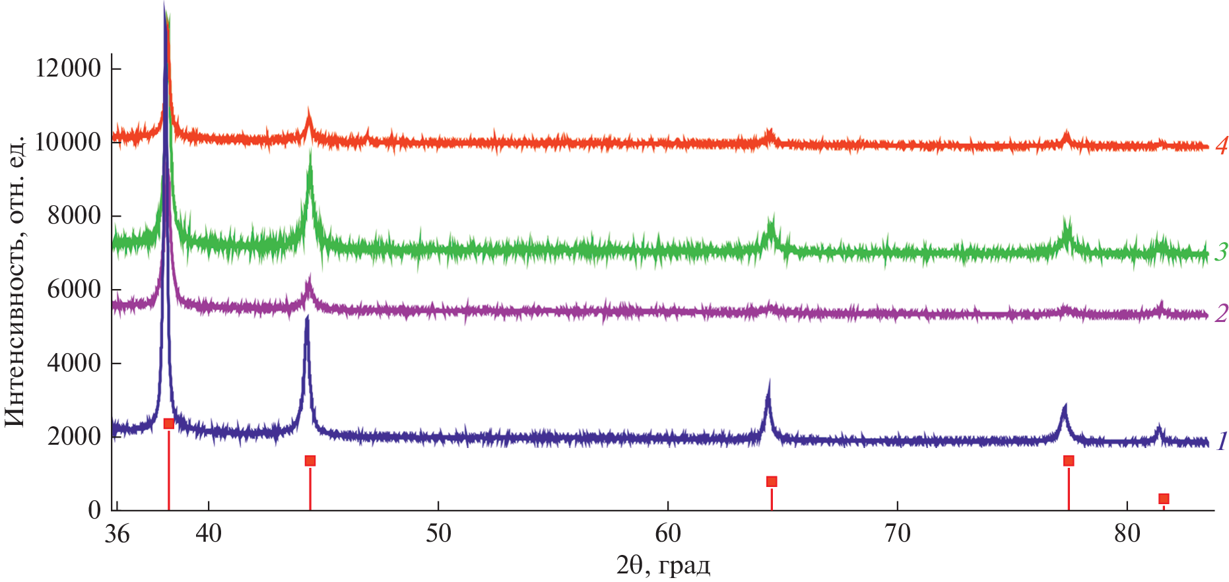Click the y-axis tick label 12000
[68, 68]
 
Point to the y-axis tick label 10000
[68, 142]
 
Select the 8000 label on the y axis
[74, 215]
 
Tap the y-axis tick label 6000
[74, 289]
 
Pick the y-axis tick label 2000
[74, 436]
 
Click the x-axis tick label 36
[117, 533]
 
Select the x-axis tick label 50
[438, 533]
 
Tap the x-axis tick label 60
[668, 533]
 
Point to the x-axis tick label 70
[898, 533]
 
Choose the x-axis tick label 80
[1127, 533]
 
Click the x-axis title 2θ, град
[663, 565]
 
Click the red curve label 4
[1221, 146]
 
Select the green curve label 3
[1221, 251]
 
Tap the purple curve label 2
[1221, 313]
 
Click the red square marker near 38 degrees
[169, 424]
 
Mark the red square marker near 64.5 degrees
[772, 482]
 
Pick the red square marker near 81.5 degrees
[1164, 499]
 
